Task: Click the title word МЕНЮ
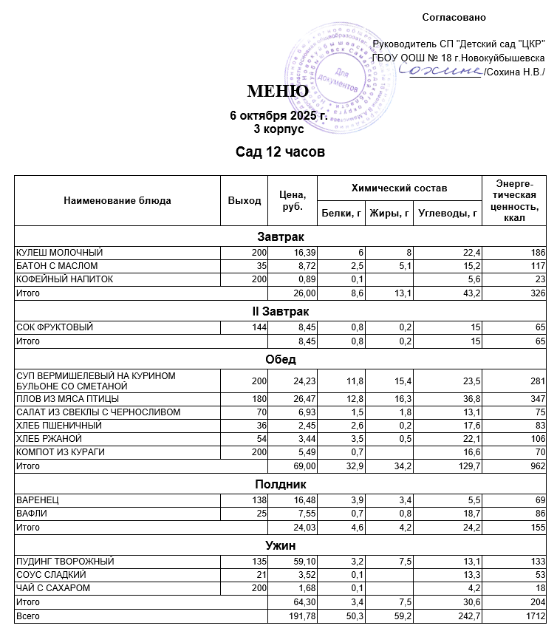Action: point(278,92)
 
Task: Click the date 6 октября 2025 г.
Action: point(278,116)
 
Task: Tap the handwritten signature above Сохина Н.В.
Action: point(440,69)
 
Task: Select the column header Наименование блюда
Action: point(117,200)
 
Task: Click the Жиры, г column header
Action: point(390,214)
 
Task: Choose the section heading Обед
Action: point(281,359)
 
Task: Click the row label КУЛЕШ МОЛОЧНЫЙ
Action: point(60,253)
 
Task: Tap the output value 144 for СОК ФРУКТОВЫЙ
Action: point(256,327)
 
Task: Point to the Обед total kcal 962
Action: point(537,466)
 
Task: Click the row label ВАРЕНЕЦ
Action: point(38,501)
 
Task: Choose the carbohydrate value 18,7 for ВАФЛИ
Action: point(471,514)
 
